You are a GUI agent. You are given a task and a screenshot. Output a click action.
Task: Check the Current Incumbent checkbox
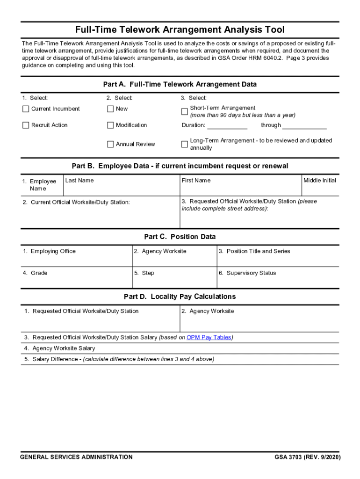click(26, 109)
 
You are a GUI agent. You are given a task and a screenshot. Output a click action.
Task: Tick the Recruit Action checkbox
click(26, 125)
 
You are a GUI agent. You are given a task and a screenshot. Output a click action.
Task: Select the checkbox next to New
click(110, 109)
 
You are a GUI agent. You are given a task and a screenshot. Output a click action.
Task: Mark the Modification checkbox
click(110, 125)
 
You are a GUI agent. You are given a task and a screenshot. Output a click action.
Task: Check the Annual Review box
click(110, 144)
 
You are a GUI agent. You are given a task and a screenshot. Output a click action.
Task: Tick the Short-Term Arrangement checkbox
click(184, 112)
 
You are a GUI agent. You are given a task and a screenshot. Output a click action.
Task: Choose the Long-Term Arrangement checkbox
click(184, 144)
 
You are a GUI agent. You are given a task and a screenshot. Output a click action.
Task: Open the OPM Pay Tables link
click(209, 337)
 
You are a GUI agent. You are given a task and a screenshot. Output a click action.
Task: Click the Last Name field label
click(79, 181)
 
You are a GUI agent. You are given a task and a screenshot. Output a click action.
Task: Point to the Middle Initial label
click(320, 181)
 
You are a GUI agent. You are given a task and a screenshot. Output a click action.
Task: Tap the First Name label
click(196, 181)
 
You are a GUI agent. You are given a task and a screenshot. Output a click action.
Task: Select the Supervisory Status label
click(251, 273)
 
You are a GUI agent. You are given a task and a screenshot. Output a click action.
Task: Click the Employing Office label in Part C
click(53, 251)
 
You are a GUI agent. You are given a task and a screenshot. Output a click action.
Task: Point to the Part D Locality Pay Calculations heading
click(180, 297)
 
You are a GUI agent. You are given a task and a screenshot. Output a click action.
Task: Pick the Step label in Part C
click(148, 273)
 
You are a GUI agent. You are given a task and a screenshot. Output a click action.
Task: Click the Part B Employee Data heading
click(180, 166)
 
